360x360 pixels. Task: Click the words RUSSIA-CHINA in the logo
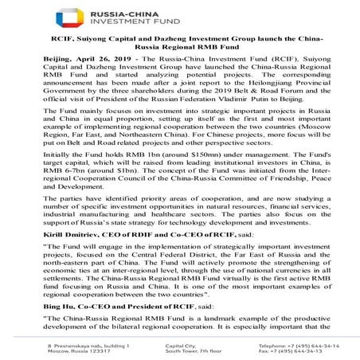[x=182, y=11]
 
